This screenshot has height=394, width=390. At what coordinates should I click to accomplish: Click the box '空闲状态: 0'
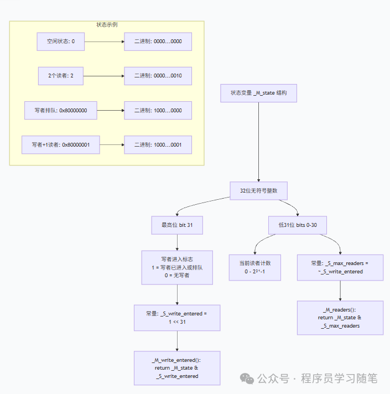pos(61,42)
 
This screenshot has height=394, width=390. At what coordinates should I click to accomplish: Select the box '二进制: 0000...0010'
pos(158,76)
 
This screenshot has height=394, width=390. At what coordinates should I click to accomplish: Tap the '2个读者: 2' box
pos(61,76)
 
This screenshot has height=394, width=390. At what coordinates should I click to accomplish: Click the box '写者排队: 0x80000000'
pos(61,111)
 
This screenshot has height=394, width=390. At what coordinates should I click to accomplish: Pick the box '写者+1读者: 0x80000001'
pos(61,145)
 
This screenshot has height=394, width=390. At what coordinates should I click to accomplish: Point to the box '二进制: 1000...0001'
pos(158,145)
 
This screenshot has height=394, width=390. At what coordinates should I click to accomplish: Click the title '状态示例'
pos(107,25)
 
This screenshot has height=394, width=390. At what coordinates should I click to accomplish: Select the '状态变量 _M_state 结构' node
pos(259,93)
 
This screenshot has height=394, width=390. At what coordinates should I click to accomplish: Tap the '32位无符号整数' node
pos(259,190)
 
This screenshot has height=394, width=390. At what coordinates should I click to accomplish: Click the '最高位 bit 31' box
pos(177,225)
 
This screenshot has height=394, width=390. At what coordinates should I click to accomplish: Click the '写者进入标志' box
pos(177,267)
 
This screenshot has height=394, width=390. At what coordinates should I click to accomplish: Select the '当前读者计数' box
pos(255,267)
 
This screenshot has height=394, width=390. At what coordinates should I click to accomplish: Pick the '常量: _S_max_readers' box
pos(340,267)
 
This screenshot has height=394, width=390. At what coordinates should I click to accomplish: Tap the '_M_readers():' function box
pos(340,318)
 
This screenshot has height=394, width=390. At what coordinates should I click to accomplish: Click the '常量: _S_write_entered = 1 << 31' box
pos(177,318)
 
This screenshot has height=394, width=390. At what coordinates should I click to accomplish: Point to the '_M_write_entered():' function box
pos(177,368)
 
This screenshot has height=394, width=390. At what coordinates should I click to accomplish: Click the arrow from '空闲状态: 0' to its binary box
pos(104,42)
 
